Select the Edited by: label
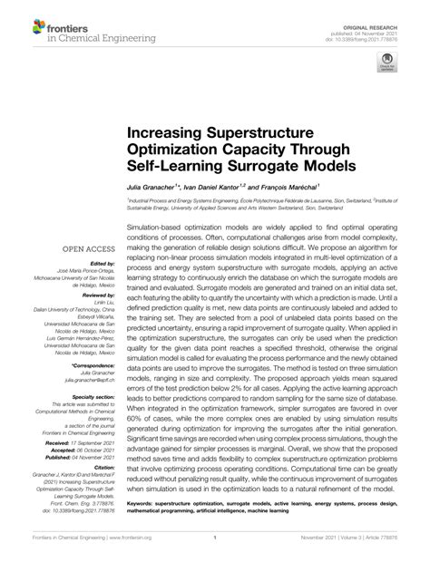pos(98,263)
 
